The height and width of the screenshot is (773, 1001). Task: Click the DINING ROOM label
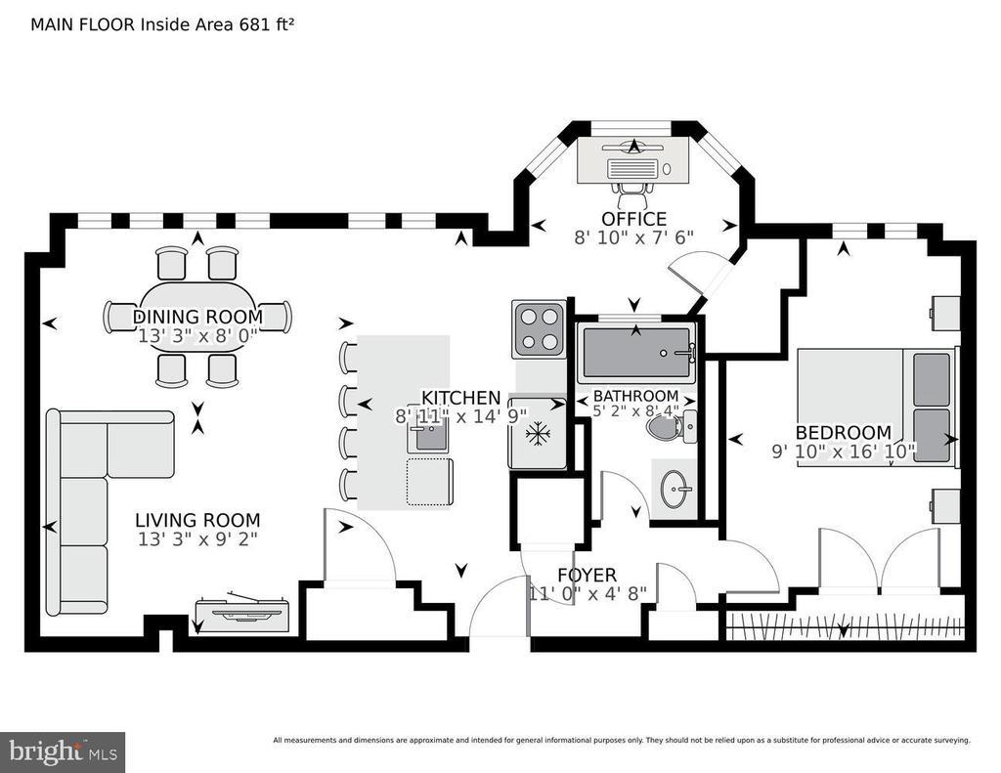[x=197, y=317]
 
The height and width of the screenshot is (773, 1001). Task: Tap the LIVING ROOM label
[x=197, y=520]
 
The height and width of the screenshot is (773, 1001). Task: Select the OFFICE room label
[x=633, y=219]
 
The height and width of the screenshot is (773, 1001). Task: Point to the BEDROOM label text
[x=844, y=432]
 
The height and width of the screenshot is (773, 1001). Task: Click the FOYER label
[x=588, y=576]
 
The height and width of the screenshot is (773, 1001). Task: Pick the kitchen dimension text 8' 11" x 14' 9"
[x=461, y=416]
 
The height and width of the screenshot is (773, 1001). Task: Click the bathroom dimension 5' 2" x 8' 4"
[x=635, y=411]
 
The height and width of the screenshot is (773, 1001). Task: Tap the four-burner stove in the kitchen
[x=539, y=329]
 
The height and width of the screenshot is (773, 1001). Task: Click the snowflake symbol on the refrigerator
[x=538, y=435]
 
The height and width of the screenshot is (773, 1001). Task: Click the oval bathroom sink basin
[x=675, y=489]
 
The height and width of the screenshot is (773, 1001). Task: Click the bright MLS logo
[x=63, y=752]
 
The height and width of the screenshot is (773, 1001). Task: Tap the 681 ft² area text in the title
[x=267, y=24]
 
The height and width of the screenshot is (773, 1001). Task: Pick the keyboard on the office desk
[x=632, y=169]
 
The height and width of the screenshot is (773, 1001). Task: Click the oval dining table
[x=197, y=317]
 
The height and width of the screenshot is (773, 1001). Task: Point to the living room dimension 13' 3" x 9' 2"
[x=197, y=539]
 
